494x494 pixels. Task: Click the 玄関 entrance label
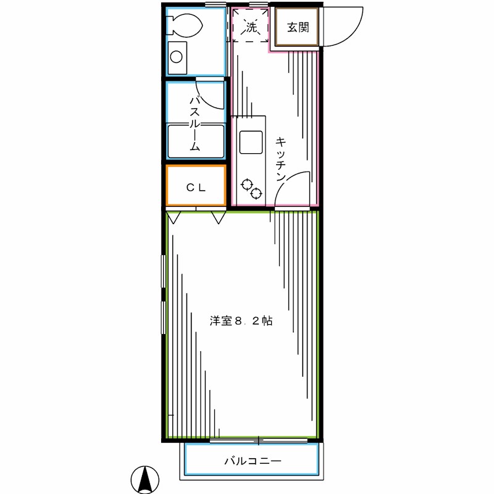point(298,28)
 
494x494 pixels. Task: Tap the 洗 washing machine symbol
point(250,27)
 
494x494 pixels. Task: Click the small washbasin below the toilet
point(177,57)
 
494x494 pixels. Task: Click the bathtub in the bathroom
point(195,141)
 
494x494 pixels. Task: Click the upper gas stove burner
point(248,183)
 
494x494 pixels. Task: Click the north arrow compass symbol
point(146,479)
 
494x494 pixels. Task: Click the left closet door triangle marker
point(174,217)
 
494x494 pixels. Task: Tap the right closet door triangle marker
point(218,217)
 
